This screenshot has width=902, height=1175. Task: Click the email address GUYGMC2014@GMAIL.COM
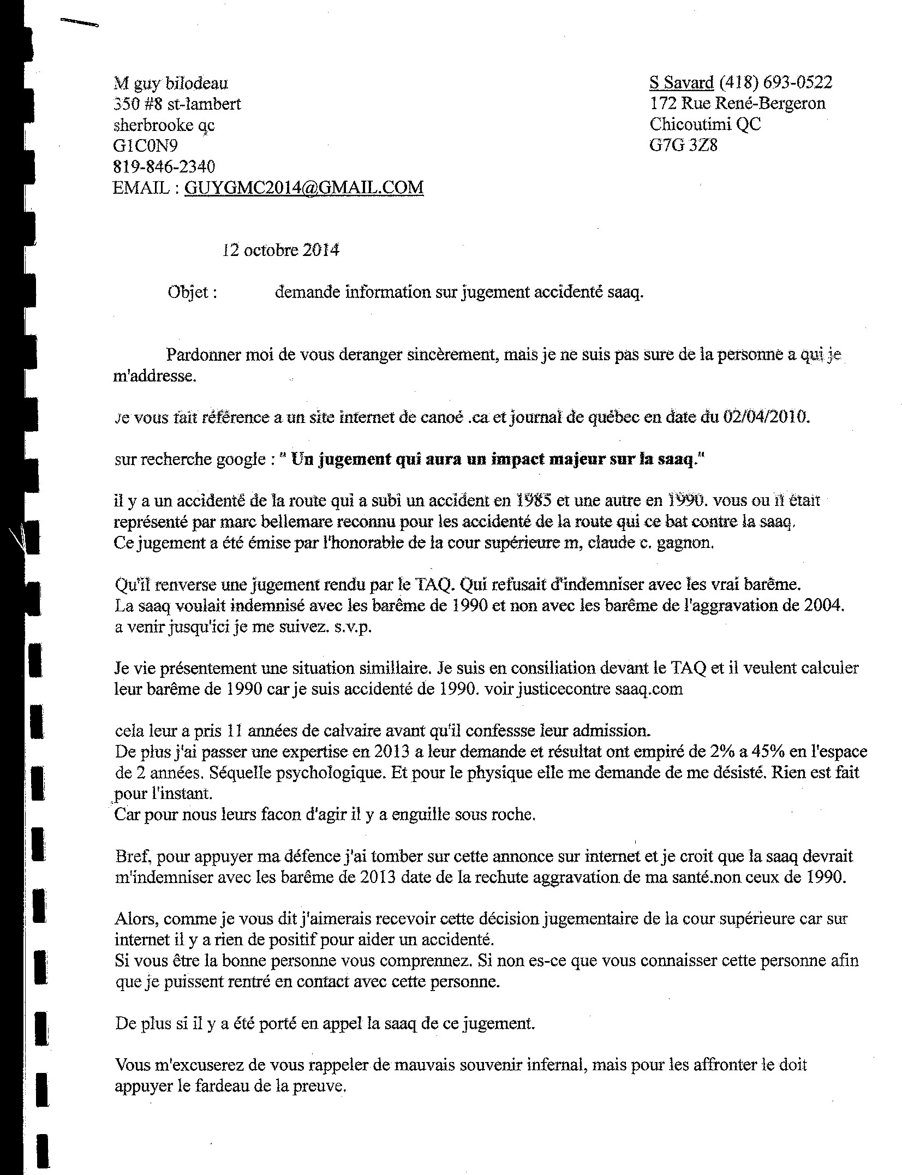304,187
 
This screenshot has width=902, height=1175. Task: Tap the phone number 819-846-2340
164,166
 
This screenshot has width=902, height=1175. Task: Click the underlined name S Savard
681,83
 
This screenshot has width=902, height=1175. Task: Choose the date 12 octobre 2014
280,250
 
